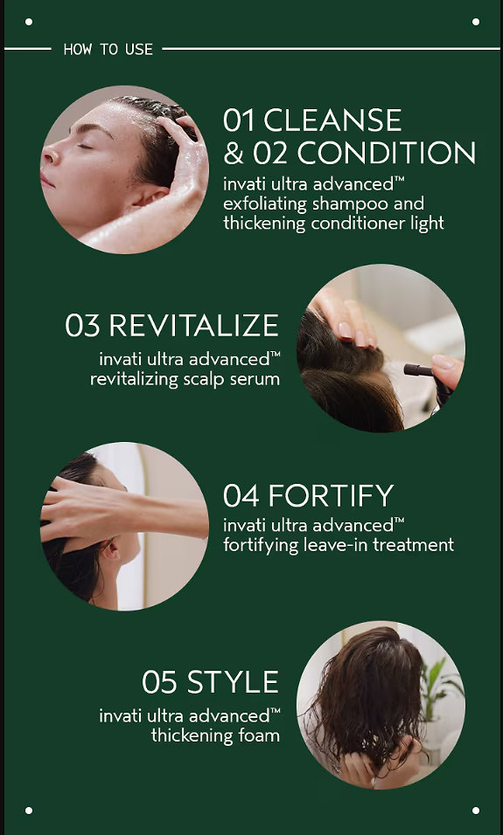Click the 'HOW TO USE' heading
pyautogui.click(x=108, y=50)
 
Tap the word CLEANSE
pyautogui.click(x=332, y=120)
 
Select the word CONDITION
pyautogui.click(x=386, y=154)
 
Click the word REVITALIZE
pyautogui.click(x=193, y=326)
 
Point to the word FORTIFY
pyautogui.click(x=331, y=495)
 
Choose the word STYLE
pyautogui.click(x=233, y=681)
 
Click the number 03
pyautogui.click(x=83, y=326)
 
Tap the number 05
pyautogui.click(x=159, y=681)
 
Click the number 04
pyautogui.click(x=241, y=495)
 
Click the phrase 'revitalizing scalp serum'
pyautogui.click(x=185, y=379)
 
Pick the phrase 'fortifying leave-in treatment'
pyautogui.click(x=339, y=545)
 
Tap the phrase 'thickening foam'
pyautogui.click(x=215, y=735)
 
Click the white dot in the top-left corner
pyautogui.click(x=29, y=22)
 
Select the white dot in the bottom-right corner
pyautogui.click(x=475, y=811)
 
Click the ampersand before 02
pyautogui.click(x=233, y=154)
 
